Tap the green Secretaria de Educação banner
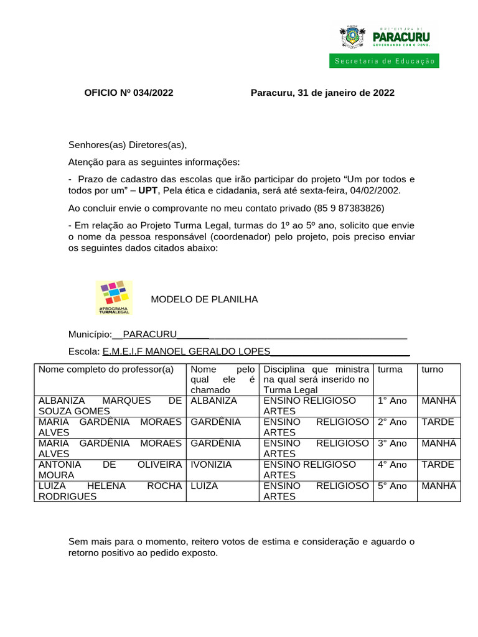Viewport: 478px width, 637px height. [x=384, y=61]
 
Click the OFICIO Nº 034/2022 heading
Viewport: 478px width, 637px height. [x=129, y=93]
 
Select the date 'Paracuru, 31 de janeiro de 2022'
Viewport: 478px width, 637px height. [x=322, y=93]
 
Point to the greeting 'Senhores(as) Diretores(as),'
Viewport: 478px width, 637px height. [x=128, y=145]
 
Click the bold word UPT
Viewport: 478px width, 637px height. [x=148, y=190]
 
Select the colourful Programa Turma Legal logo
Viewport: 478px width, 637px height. [x=113, y=297]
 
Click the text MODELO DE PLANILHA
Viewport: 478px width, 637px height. [x=204, y=299]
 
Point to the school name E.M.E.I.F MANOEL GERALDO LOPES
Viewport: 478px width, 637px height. [x=187, y=351]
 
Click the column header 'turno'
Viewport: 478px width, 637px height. [x=433, y=369]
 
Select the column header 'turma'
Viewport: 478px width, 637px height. [x=390, y=369]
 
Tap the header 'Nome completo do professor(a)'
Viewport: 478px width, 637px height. [x=106, y=369]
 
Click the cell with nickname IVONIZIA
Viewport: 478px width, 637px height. [x=211, y=464]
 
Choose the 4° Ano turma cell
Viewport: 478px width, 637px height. [x=392, y=464]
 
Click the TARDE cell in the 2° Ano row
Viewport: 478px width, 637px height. [x=438, y=422]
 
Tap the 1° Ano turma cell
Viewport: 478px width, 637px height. [x=392, y=401]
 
